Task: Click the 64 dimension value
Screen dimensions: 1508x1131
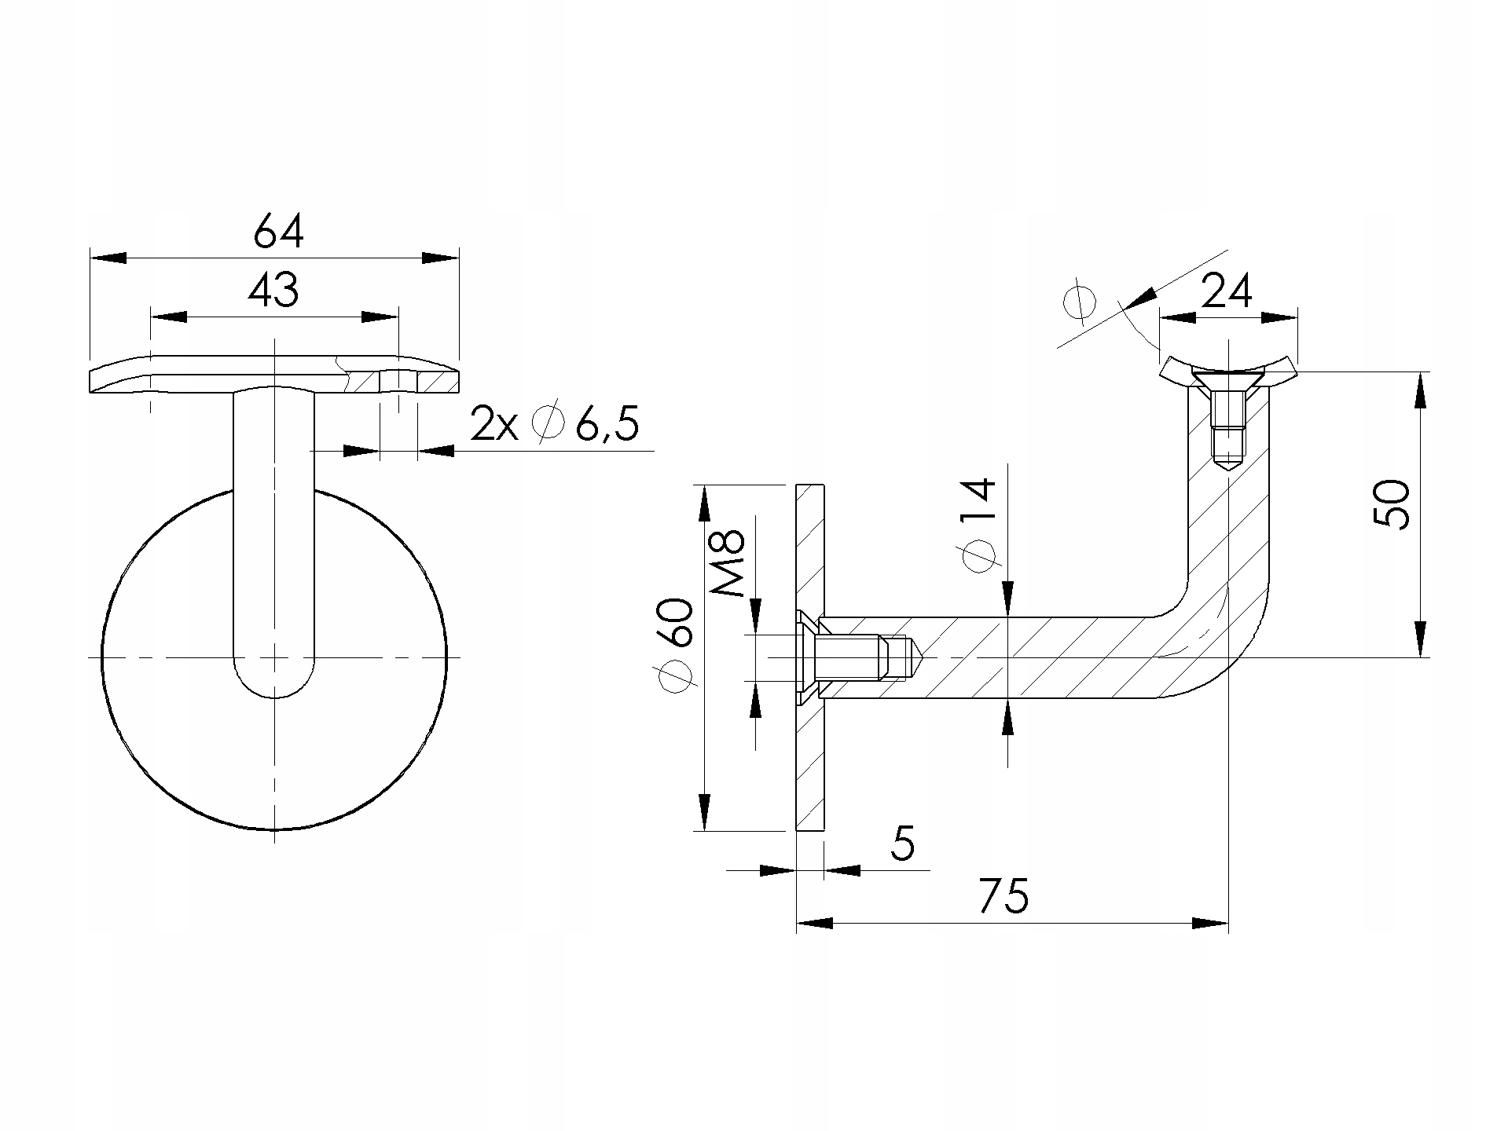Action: coord(278,232)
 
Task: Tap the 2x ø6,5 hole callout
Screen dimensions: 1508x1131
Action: coord(554,425)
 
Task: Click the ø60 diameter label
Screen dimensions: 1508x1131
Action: coord(677,646)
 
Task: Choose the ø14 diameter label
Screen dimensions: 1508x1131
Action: coord(978,525)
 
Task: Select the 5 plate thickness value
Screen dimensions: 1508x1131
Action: coord(904,844)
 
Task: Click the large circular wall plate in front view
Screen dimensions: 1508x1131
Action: coord(274,658)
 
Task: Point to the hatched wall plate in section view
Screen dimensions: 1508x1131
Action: coord(810,657)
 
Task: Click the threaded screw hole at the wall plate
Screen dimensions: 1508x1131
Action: coord(860,657)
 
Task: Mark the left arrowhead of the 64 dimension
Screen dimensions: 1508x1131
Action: coord(108,258)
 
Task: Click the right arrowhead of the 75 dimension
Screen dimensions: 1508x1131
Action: coord(1210,923)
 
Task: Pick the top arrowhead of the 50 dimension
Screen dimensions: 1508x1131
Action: coord(1419,390)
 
